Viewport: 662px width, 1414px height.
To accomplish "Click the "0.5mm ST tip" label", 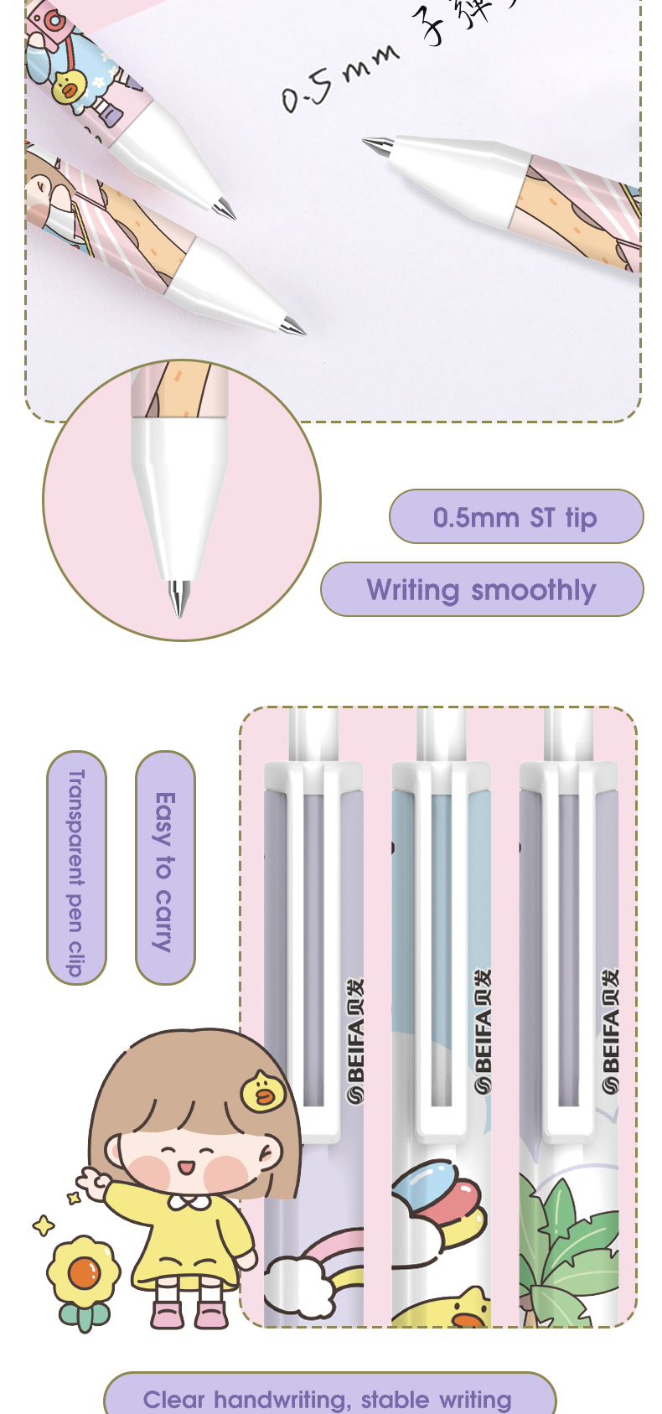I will coord(515,517).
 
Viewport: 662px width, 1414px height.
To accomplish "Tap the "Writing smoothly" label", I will coord(482,590).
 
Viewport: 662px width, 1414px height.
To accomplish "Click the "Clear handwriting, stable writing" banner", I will coord(328,1397).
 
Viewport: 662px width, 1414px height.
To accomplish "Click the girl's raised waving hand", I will coord(93,1184).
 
